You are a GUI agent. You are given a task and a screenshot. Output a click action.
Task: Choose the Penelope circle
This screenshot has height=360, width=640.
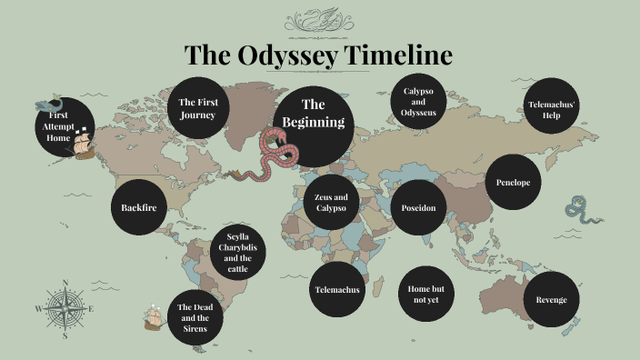point(513,183)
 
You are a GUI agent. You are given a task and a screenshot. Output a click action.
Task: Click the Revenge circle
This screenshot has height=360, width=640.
point(551,300)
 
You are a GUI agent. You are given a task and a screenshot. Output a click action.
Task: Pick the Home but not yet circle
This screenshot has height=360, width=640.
point(425,294)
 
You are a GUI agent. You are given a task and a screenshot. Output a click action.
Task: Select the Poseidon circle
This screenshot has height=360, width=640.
point(419,207)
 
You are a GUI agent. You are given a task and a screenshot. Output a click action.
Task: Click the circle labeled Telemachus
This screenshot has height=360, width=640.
point(337,290)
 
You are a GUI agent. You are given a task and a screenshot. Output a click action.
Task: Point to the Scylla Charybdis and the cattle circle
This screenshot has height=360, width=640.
point(239,253)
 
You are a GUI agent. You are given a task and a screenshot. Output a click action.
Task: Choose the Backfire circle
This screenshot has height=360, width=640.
point(138,207)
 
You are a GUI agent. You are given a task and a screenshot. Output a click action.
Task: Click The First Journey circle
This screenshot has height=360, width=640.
point(198,109)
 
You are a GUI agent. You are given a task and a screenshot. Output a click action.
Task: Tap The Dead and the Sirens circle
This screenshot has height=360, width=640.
point(194,318)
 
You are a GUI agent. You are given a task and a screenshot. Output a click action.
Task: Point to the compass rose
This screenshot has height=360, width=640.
point(65,309)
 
